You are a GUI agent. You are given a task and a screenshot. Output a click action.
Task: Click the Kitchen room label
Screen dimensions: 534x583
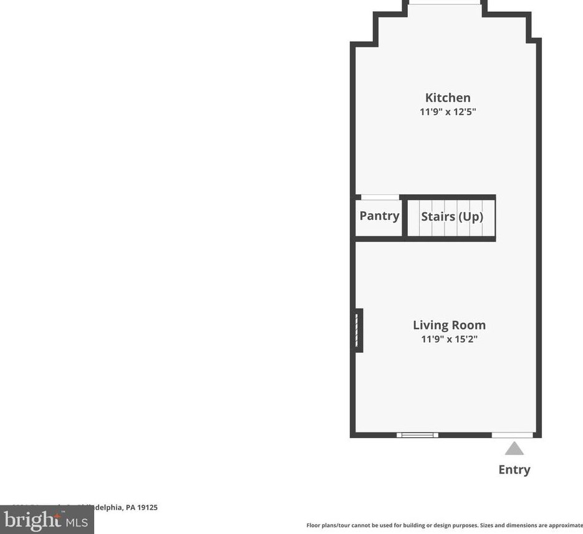point(448,98)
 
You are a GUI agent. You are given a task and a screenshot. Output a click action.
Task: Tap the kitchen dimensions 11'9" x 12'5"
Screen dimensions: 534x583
point(448,112)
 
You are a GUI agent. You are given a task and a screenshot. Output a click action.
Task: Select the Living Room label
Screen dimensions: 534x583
point(449,325)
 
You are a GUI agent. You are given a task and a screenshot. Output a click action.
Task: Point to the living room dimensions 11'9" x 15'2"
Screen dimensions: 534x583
point(449,340)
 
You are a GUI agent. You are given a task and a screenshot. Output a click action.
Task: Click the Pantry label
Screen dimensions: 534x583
point(379,216)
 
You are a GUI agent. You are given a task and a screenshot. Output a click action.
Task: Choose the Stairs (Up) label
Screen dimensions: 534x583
point(452,217)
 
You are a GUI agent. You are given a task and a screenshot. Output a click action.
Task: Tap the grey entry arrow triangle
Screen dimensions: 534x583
point(514,449)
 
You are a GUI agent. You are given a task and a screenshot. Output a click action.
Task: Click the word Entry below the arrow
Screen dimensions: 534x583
point(514,470)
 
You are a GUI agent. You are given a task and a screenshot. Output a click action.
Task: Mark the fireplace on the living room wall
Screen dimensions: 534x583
point(358,330)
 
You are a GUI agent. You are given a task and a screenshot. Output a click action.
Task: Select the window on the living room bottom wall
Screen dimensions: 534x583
point(417,435)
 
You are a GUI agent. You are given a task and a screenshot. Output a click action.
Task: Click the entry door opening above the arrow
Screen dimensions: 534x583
point(513,435)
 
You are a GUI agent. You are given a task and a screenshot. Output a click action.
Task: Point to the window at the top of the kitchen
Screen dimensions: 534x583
point(445,3)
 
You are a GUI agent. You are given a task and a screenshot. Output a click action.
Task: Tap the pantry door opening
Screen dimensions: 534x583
point(380,198)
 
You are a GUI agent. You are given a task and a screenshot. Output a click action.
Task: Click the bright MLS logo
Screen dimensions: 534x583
point(47,520)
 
